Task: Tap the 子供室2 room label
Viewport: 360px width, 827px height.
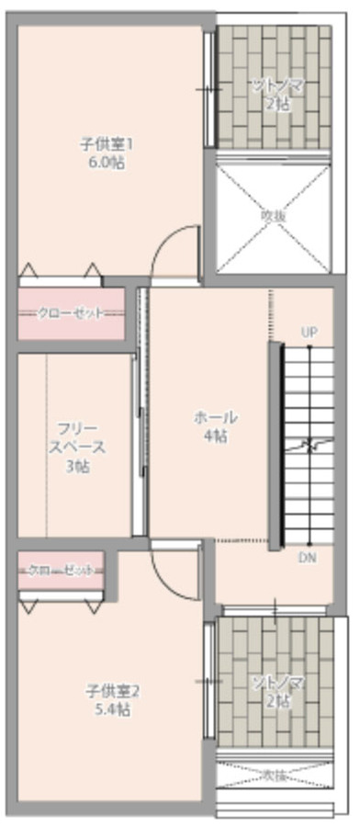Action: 109,691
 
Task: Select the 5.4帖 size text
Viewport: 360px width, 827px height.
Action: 109,709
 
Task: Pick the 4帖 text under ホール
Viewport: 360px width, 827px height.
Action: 215,436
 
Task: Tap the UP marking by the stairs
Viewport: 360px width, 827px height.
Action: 309,332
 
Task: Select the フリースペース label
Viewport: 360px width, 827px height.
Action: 77,438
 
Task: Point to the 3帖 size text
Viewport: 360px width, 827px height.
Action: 77,467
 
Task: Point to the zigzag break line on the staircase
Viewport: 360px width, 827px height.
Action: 309,446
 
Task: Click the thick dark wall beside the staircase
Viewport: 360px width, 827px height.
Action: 274,446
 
